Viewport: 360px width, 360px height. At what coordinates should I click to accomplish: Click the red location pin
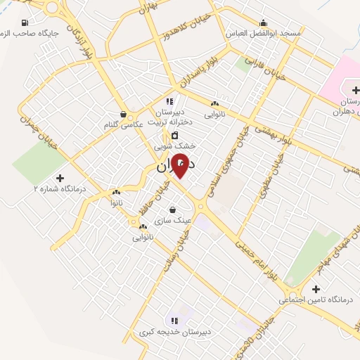pos(181,165)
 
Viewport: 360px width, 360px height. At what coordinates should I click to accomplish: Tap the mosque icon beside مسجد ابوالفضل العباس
pos(263,22)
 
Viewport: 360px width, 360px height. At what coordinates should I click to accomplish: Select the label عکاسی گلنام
pos(123,124)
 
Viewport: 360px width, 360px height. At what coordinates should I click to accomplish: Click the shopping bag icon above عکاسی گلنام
pos(124,113)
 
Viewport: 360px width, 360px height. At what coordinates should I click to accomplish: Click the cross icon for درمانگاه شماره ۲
pos(59,178)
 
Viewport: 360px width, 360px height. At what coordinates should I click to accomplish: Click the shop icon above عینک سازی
pos(173,209)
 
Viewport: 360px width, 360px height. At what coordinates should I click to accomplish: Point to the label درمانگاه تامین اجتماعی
pos(314,300)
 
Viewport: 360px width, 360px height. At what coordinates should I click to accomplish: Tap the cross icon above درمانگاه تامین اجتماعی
pos(316,289)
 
